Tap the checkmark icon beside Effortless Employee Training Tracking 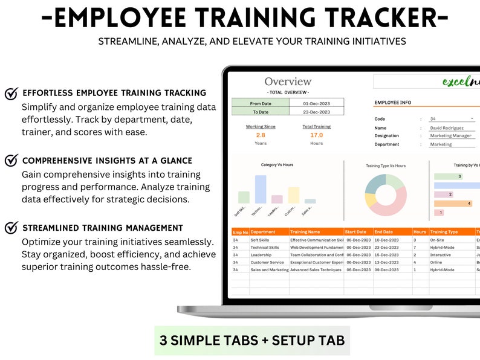point(11,94)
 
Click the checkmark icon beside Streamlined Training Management point(11,228)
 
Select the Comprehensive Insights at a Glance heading point(107,161)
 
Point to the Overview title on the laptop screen point(288,82)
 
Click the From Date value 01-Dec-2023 point(316,103)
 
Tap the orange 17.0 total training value point(316,135)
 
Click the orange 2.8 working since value point(261,135)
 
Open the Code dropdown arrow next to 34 point(472,119)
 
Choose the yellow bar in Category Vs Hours point(293,194)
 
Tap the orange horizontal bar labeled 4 point(453,204)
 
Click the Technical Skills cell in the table point(265,247)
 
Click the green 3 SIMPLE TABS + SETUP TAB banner point(252,340)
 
